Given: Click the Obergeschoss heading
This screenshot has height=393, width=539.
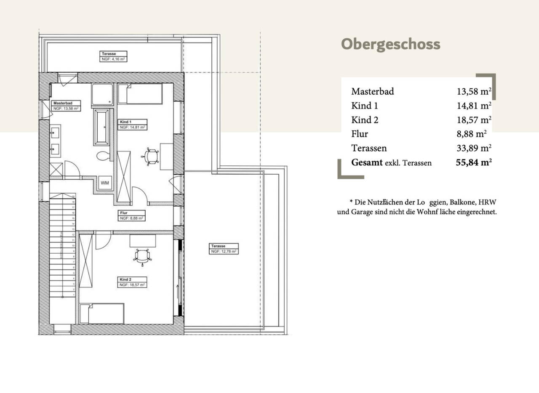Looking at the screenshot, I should pyautogui.click(x=390, y=44).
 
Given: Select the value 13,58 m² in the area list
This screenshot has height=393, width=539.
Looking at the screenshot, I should pyautogui.click(x=474, y=91).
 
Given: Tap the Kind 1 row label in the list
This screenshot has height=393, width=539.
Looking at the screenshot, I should pyautogui.click(x=365, y=106).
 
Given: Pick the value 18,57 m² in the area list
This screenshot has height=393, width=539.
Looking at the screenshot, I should pyautogui.click(x=474, y=120).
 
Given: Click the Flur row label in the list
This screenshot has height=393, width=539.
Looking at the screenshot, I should pyautogui.click(x=360, y=134).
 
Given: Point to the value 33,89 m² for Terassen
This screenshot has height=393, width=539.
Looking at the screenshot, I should pyautogui.click(x=474, y=148).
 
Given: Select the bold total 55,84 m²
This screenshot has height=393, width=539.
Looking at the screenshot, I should pyautogui.click(x=474, y=162).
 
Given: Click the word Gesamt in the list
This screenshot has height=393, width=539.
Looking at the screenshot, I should pyautogui.click(x=367, y=162).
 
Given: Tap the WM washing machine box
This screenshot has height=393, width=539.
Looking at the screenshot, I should pyautogui.click(x=104, y=183).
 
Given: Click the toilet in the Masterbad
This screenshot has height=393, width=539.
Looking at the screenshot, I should pyautogui.click(x=102, y=156).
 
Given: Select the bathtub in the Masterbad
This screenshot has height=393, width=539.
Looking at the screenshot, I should pyautogui.click(x=101, y=127).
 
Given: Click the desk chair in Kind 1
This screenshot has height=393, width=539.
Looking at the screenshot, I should pyautogui.click(x=151, y=156).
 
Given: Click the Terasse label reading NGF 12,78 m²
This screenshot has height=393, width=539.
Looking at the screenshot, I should pyautogui.click(x=224, y=249).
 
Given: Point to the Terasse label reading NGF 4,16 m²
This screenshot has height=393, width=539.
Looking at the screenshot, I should pyautogui.click(x=113, y=56).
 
